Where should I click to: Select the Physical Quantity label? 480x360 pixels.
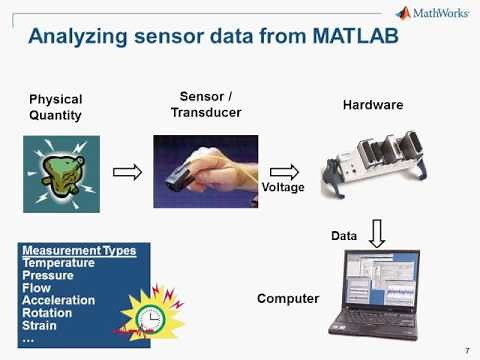[55, 107]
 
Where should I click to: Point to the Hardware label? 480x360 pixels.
[373, 105]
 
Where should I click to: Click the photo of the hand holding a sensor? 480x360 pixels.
[205, 171]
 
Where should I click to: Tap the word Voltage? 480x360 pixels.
[282, 188]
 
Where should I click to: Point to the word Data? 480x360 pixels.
[344, 235]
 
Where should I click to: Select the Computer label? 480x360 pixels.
[287, 298]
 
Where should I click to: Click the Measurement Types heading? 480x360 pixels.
[79, 250]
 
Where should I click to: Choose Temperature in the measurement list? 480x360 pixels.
[58, 263]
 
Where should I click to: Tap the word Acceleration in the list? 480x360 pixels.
[58, 300]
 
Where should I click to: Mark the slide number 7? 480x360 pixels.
[468, 349]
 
